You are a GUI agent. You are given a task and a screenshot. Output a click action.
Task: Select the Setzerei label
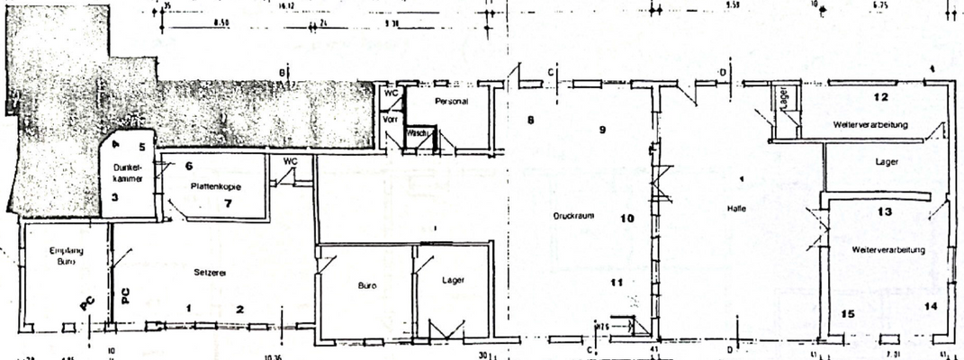[x=208, y=271]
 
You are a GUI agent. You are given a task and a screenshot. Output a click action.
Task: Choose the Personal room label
[x=451, y=102]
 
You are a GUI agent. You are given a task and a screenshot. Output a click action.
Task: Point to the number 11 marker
[x=616, y=283]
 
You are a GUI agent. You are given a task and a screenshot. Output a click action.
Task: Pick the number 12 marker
[x=881, y=96]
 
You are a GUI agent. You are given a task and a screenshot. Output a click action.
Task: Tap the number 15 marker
[x=846, y=314]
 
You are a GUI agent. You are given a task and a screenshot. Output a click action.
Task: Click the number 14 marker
[x=930, y=307]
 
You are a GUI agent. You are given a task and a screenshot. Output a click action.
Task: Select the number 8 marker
[x=531, y=120]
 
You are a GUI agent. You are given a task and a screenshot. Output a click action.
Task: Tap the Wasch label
[x=416, y=133]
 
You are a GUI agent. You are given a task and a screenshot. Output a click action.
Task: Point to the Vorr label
[x=390, y=118]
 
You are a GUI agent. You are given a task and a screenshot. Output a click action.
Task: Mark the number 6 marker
[x=189, y=166]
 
